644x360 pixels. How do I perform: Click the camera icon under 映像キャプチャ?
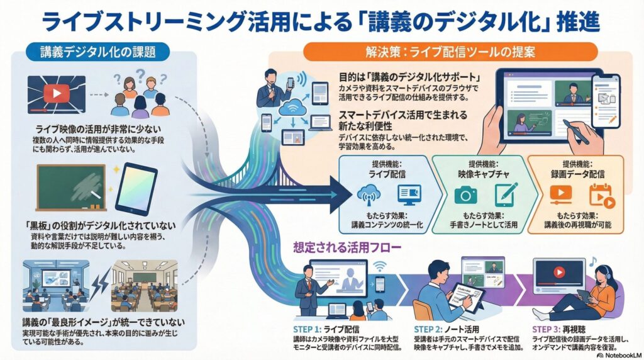466,195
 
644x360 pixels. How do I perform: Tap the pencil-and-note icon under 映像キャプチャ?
505,195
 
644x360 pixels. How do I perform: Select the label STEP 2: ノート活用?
445,329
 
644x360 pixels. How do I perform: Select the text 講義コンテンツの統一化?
386,225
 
